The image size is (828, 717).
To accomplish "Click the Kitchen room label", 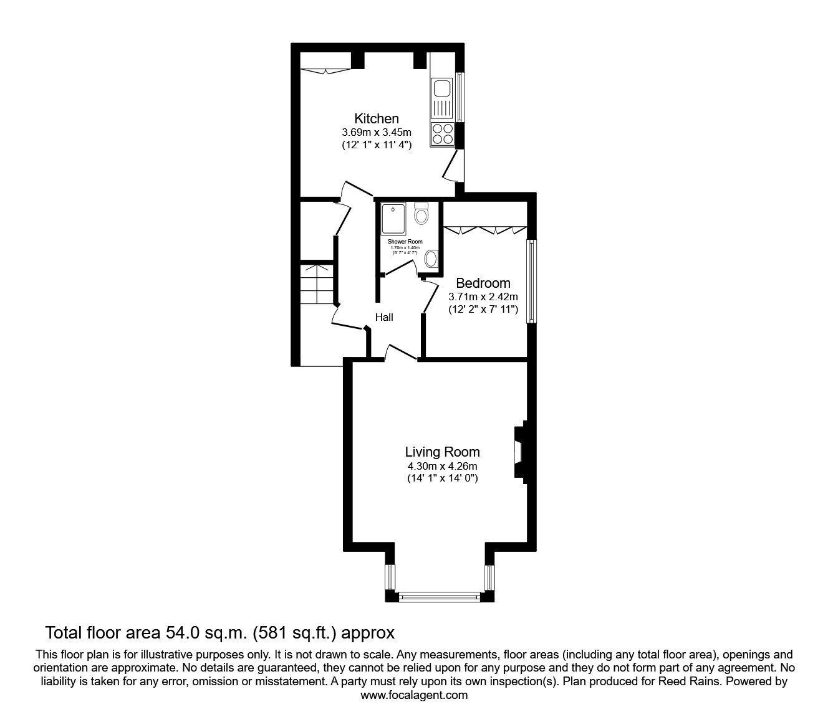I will coord(377,118).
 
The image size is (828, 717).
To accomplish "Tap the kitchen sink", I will coord(442,100).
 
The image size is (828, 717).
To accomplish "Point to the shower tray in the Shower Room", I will coord(395,218).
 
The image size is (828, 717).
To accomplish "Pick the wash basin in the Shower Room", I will coord(431,258).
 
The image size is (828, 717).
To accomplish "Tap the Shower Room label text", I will coord(405,242).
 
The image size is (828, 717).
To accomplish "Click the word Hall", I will coord(384,317).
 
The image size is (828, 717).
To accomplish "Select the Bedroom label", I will coord(483,283).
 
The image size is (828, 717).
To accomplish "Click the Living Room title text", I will coord(443,452).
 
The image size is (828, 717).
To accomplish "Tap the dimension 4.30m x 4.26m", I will coord(443,466).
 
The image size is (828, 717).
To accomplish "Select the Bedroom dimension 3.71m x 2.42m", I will coord(483,297).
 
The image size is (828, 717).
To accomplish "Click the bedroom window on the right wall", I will coord(531,282).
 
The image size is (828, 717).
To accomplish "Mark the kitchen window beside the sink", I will coord(460,98).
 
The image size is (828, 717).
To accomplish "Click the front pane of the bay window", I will coord(440,597).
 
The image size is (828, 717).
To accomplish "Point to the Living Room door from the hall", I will coord(401,353).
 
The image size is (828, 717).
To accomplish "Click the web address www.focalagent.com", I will coord(414,695).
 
